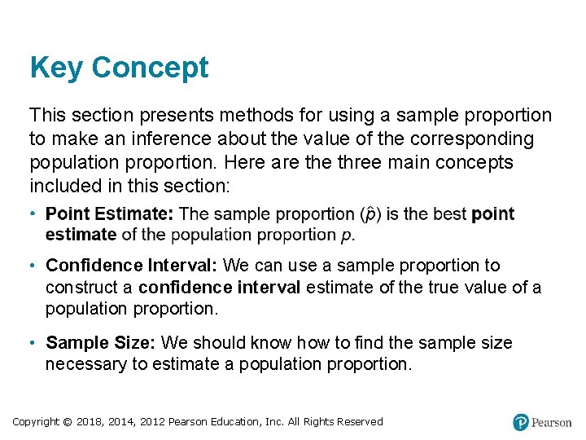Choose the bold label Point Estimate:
[110, 214]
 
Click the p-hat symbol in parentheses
[370, 214]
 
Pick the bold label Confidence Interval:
[132, 266]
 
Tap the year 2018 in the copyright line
[90, 422]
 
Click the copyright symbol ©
[68, 422]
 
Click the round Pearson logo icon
[521, 422]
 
